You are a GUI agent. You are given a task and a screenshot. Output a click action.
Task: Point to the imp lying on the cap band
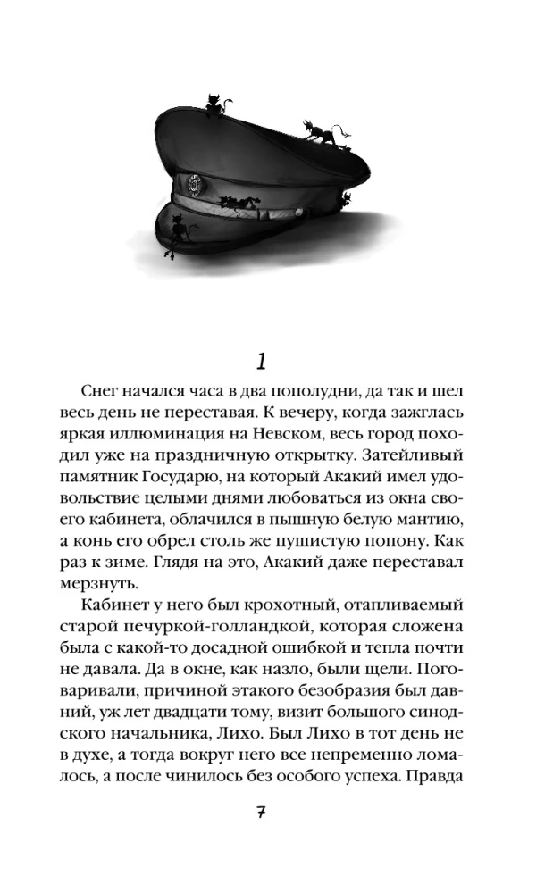coord(242,202)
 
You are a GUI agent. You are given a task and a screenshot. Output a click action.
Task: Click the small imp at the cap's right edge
coord(346,198)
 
